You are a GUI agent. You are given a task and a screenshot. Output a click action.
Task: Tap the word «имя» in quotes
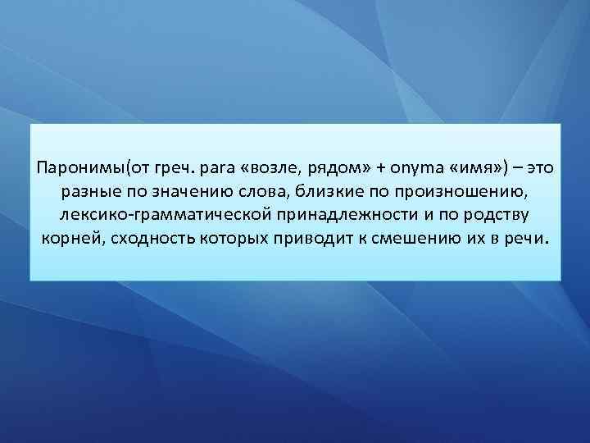tap(474, 167)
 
